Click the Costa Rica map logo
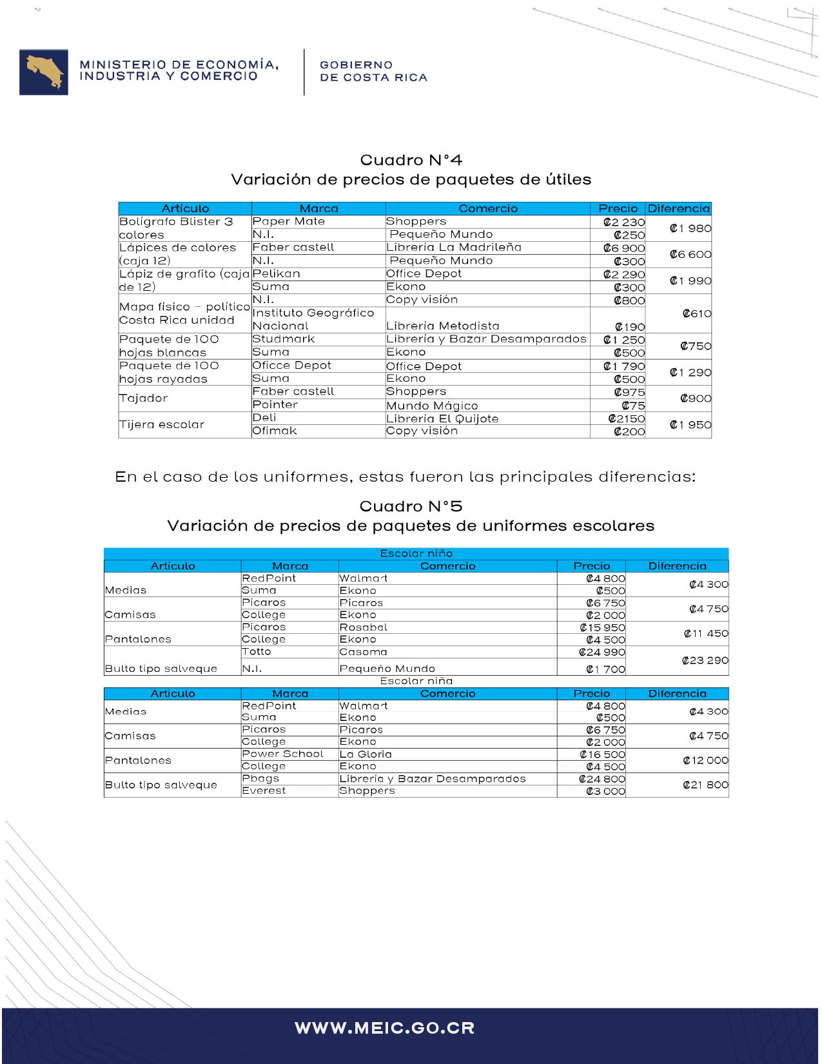44,72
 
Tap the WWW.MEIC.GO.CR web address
385,1028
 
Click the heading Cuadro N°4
411,160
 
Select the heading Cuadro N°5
411,506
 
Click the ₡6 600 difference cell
690,254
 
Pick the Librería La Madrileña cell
454,248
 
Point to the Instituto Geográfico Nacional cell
313,319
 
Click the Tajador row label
144,399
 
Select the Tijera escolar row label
162,424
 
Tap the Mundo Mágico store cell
432,406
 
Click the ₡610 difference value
697,314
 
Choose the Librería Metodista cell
443,326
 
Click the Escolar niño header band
416,553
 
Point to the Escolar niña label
416,681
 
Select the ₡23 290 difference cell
705,660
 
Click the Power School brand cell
282,754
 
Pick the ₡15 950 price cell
602,627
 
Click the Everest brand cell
264,791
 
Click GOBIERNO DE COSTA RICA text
373,71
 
